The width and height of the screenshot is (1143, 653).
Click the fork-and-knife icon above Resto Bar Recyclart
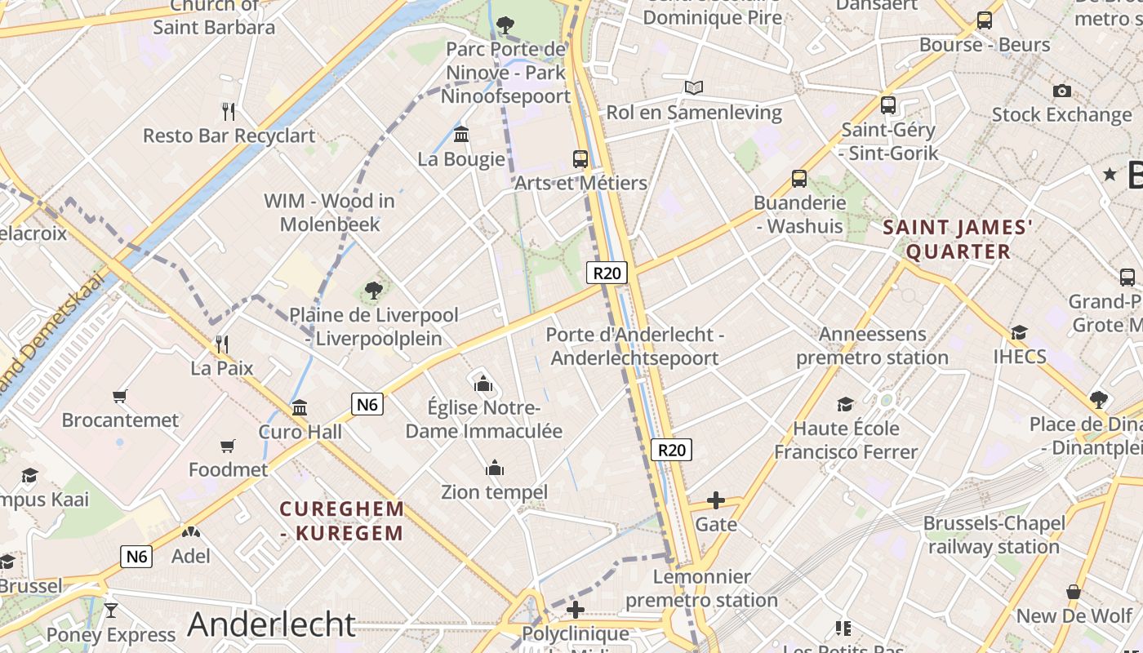tap(229, 111)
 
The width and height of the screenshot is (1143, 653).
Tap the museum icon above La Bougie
tap(461, 134)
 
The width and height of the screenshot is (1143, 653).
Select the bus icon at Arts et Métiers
tap(580, 159)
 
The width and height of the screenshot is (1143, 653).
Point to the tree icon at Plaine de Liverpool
tap(374, 290)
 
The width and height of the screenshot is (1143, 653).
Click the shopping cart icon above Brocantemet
tap(120, 397)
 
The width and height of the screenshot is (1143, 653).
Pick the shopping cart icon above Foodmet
tap(228, 446)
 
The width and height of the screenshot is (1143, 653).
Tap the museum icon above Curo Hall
tap(300, 407)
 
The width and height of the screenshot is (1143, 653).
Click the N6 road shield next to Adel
tap(136, 557)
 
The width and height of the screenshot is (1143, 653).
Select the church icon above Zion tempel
tap(494, 469)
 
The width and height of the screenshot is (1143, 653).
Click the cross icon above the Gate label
tap(716, 500)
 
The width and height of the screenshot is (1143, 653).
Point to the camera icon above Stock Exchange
tap(1061, 91)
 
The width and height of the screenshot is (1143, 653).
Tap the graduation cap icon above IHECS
tap(1019, 332)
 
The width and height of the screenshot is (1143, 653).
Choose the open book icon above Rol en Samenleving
tap(694, 88)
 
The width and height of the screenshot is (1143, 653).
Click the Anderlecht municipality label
tap(272, 624)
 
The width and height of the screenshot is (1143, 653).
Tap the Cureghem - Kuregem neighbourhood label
tap(342, 521)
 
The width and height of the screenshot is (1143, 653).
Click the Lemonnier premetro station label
tap(701, 589)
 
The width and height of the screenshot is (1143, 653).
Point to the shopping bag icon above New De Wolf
tap(1074, 592)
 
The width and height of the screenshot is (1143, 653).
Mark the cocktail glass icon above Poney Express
tap(111, 611)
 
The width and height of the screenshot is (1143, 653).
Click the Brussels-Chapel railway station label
tap(994, 535)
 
